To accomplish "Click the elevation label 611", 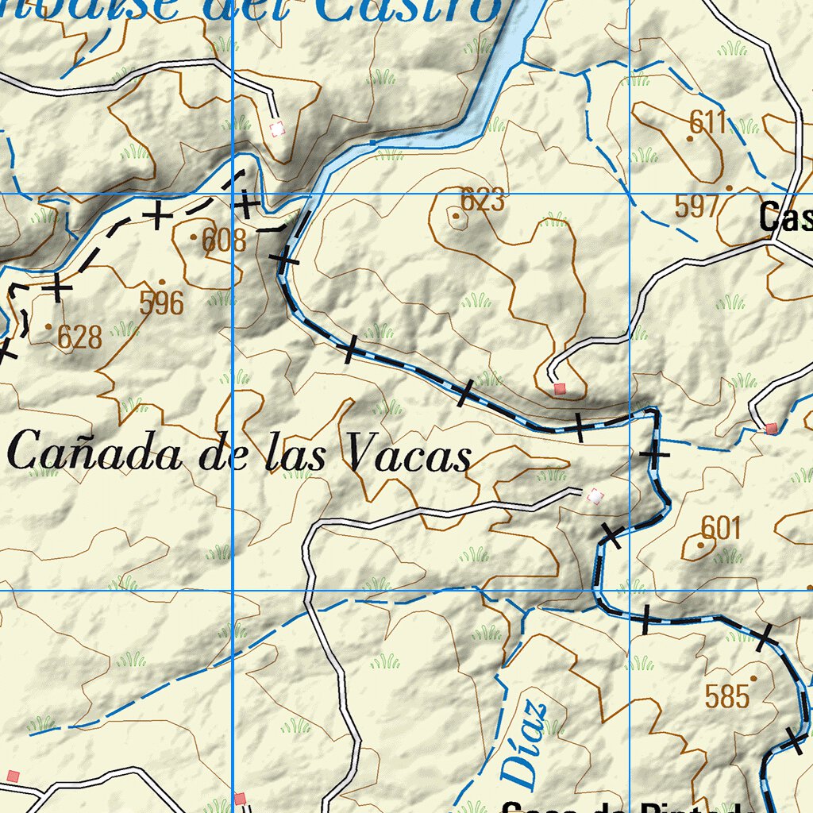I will (x=708, y=122).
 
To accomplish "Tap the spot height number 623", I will (x=483, y=200).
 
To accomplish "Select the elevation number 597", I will (x=696, y=206).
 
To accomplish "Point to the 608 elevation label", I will (x=224, y=240).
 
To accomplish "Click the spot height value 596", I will (x=161, y=302).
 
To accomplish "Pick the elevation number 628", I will (x=79, y=337).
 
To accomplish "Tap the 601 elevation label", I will (x=721, y=527).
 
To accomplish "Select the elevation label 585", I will (x=727, y=696).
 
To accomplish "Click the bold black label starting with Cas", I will (x=785, y=217).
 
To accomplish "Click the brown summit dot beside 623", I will (x=456, y=215).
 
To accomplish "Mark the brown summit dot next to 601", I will (x=700, y=545).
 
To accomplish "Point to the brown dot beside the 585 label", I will (x=753, y=679).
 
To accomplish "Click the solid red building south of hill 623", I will (x=560, y=388).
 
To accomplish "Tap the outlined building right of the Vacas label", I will (x=595, y=496).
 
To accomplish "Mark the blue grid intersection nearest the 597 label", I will (x=630, y=193).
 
